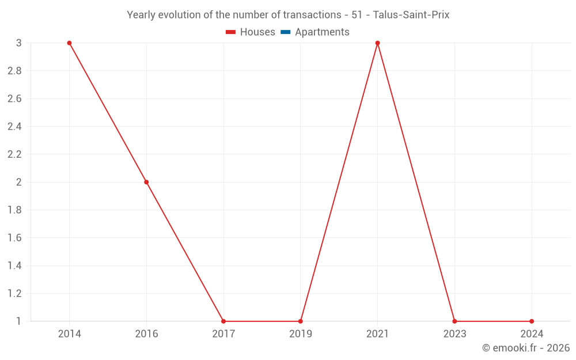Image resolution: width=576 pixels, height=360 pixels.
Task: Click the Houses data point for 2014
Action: click(x=69, y=43)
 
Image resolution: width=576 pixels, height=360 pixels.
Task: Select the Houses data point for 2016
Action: click(x=146, y=182)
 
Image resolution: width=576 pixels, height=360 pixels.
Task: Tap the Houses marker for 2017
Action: click(x=223, y=321)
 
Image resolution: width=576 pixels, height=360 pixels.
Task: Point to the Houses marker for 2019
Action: click(x=301, y=321)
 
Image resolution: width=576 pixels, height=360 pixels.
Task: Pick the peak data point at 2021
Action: click(x=377, y=43)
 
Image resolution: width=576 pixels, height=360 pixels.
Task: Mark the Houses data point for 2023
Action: click(x=454, y=321)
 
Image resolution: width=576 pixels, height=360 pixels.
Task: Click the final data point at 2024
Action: click(x=532, y=321)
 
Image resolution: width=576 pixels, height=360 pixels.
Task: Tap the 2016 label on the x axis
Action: click(x=146, y=334)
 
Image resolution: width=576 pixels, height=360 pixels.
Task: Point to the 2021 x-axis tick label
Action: click(x=377, y=334)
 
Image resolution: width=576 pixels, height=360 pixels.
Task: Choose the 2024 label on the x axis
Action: click(x=532, y=334)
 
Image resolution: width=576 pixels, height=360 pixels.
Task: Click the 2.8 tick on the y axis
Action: click(x=14, y=71)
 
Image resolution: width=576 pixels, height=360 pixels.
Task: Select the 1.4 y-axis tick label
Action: click(x=14, y=266)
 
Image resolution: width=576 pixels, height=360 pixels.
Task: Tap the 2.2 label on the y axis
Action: click(x=14, y=154)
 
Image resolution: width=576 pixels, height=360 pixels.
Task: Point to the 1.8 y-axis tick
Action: click(x=14, y=210)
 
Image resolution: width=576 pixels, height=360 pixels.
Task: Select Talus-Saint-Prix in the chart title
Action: click(x=411, y=15)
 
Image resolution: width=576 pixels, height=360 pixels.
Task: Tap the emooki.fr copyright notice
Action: click(x=526, y=348)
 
